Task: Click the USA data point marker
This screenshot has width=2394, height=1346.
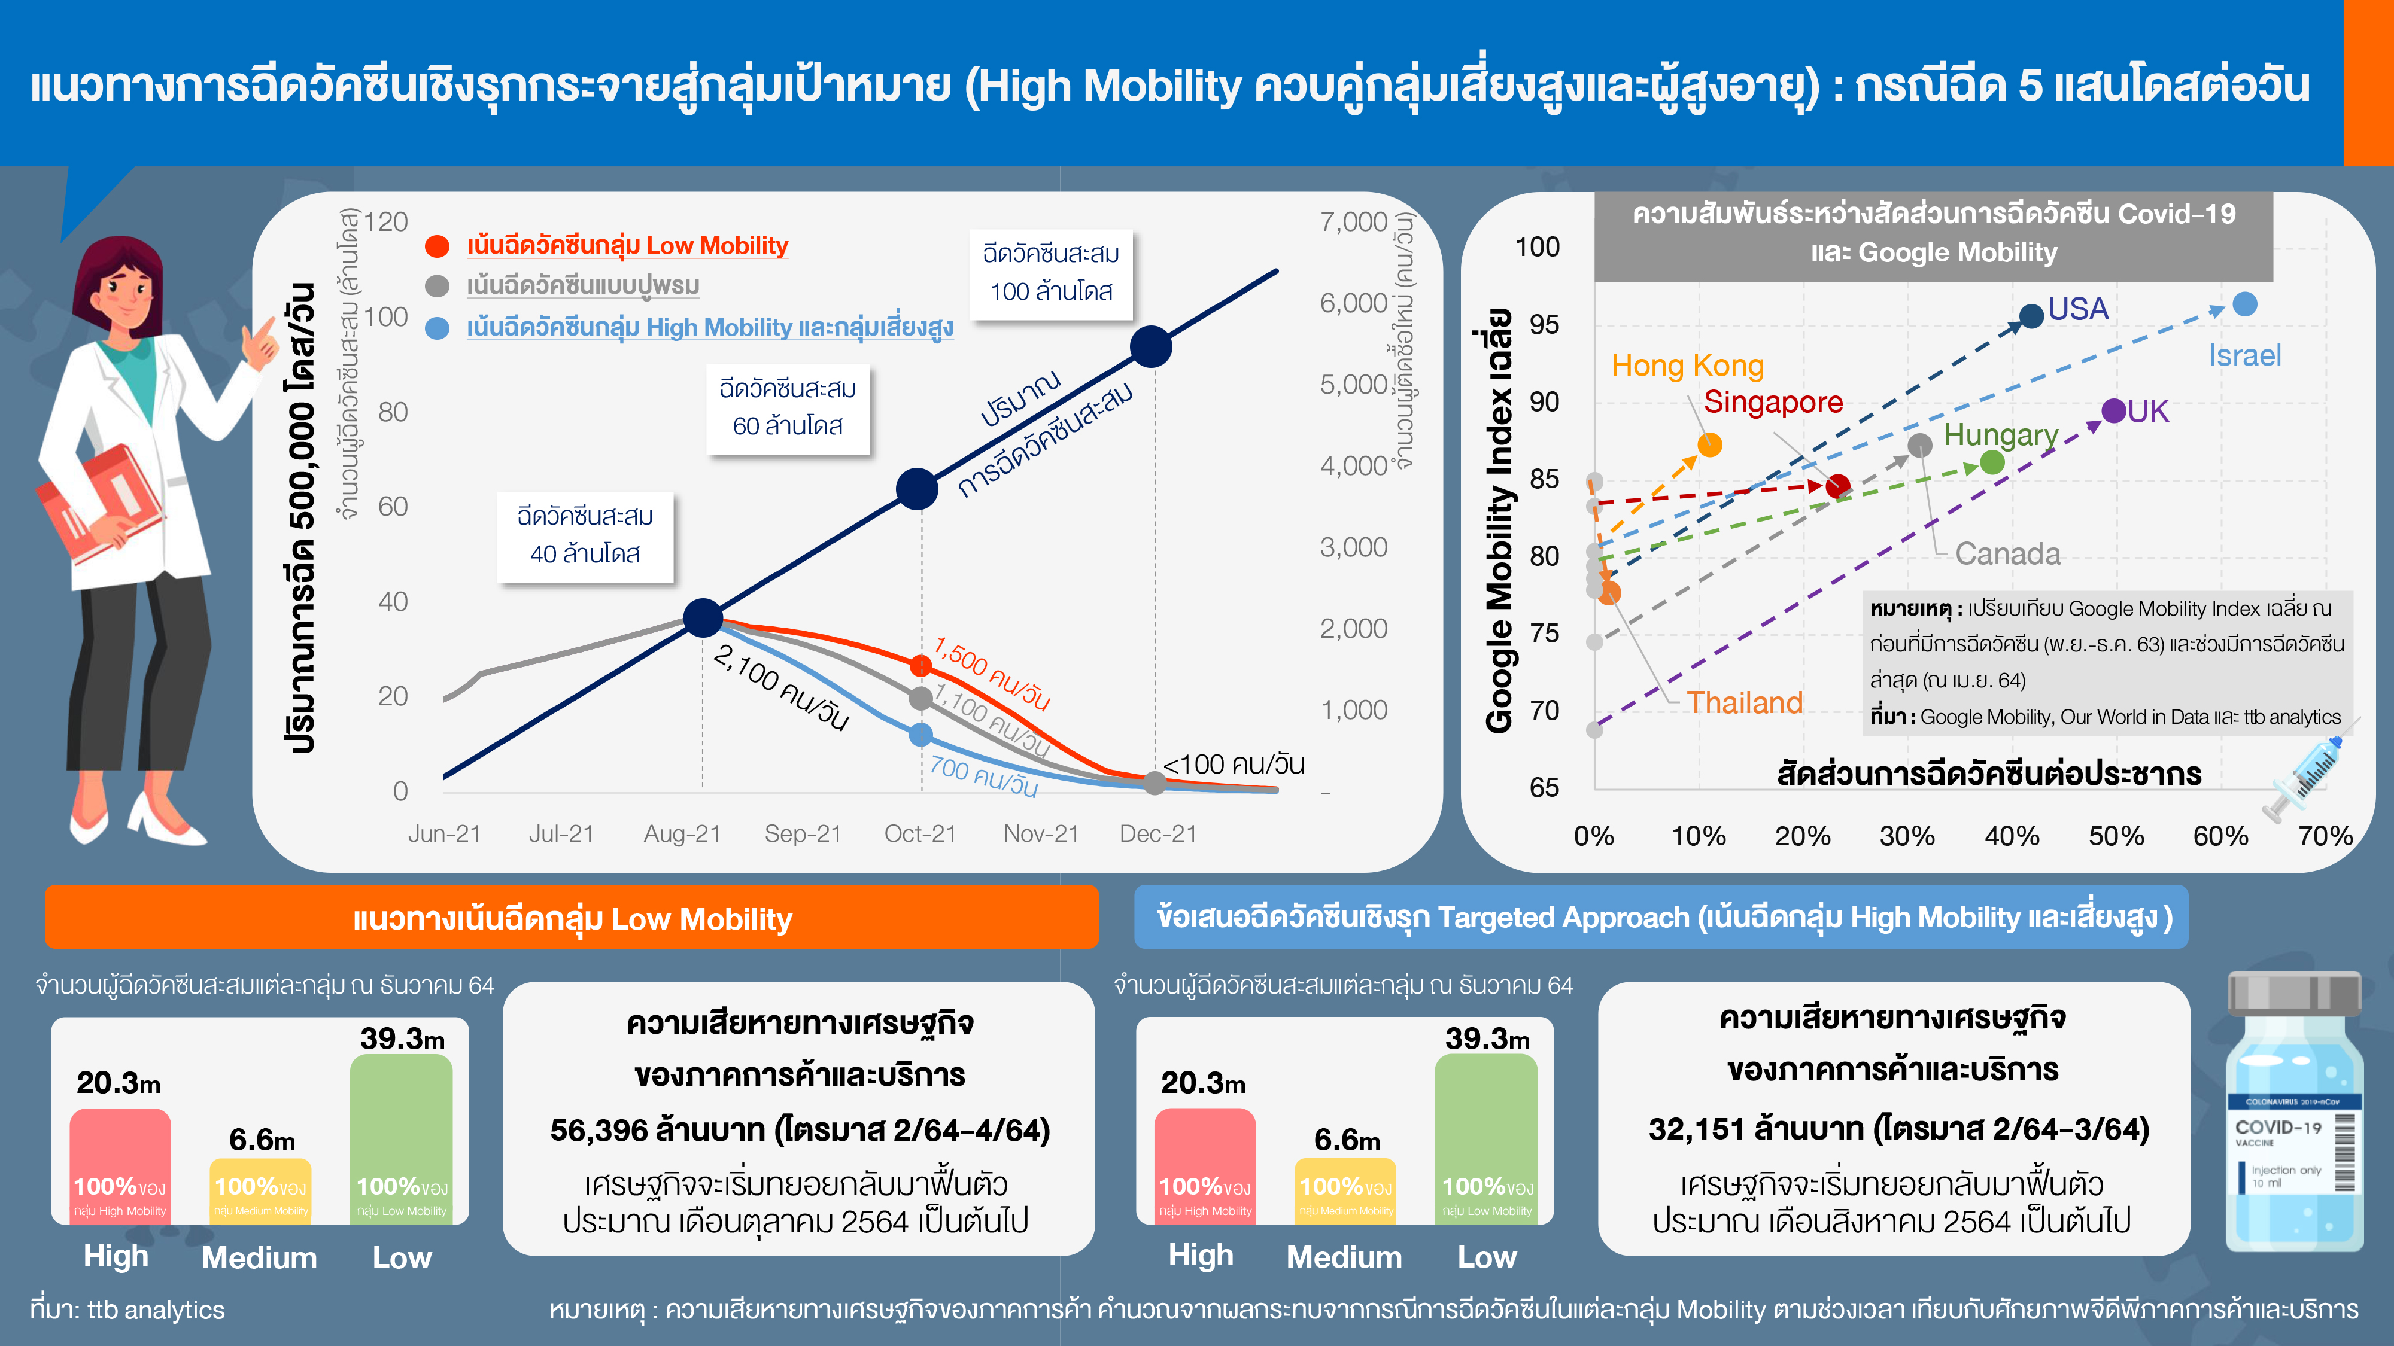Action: [x=2031, y=316]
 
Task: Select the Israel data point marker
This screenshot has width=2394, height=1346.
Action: [x=2244, y=304]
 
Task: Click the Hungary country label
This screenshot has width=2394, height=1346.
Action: [x=2000, y=435]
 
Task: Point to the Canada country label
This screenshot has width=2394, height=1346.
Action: [x=2007, y=553]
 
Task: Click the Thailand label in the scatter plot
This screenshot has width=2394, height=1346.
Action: [x=1745, y=702]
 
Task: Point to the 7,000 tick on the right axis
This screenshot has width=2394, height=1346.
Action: [x=1353, y=222]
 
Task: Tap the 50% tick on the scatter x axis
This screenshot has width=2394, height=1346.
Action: [x=2116, y=836]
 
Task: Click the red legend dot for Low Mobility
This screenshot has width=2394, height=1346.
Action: [x=437, y=246]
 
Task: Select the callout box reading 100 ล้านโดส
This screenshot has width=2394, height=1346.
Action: [x=1051, y=273]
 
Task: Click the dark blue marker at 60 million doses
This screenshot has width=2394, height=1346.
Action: [x=916, y=489]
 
